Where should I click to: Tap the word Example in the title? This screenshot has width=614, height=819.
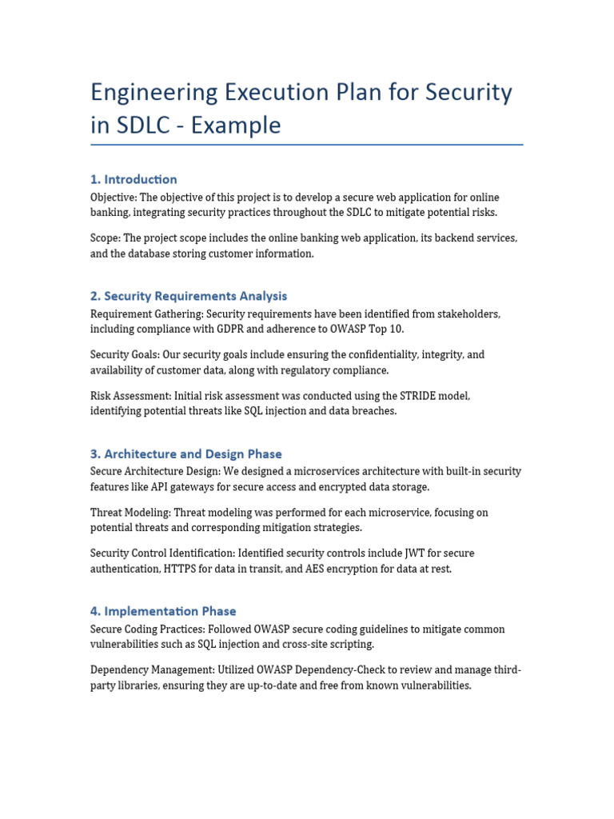(241, 126)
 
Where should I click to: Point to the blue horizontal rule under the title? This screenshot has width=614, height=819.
(306, 145)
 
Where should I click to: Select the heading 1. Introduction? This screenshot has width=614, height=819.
(134, 179)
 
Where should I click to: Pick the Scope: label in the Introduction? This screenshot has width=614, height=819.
(106, 238)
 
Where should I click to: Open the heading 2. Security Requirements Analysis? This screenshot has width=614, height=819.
(189, 296)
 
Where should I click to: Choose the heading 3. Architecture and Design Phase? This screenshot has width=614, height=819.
(186, 453)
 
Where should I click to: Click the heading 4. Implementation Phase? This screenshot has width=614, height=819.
(163, 611)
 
